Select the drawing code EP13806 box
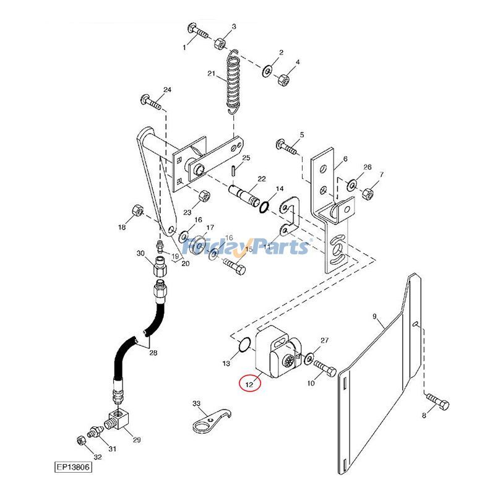[72, 468]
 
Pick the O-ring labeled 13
[244, 344]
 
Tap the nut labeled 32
[80, 441]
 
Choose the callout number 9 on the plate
[375, 317]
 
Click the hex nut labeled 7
[366, 192]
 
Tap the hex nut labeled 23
[202, 197]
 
